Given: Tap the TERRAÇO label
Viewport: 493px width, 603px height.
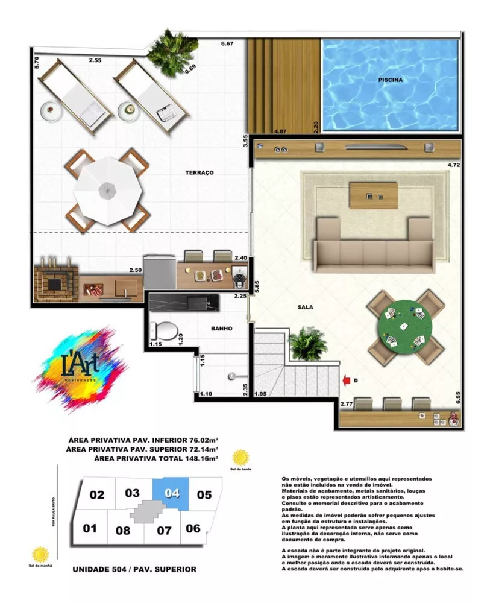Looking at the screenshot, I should coord(199,172).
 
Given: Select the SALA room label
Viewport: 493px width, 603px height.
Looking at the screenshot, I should coord(305,307).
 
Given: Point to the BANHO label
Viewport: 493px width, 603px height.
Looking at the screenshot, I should coord(221,329).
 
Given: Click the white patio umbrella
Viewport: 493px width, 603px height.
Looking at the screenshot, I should coord(107,191).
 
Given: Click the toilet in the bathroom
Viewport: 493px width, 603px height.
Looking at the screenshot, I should coord(163,330).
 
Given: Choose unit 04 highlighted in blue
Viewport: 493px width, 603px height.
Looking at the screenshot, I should coord(172,493).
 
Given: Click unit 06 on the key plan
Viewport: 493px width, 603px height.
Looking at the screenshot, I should coord(193,528).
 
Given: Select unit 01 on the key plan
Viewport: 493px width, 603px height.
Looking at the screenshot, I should coord(90,529).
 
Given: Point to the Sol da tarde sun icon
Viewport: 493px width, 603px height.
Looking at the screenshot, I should coord(240,456).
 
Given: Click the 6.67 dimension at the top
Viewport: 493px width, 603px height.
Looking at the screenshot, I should coord(227,44).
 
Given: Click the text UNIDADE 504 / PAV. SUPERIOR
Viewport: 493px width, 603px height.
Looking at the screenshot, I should coord(134,569).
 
